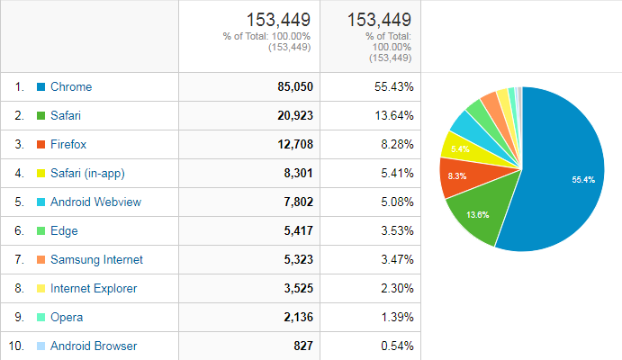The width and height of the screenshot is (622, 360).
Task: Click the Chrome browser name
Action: pos(71,86)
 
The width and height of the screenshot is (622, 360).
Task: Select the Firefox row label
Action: pos(68,144)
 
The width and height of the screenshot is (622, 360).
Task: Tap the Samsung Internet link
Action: pos(96,260)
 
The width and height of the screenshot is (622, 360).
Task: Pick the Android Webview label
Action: pos(95,202)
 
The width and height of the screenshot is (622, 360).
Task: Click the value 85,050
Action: pos(295,86)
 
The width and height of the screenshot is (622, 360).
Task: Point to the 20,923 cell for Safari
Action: pos(295,116)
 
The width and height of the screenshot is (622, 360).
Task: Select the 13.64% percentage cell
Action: pos(394,116)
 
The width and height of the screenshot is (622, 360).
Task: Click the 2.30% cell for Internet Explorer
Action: pos(397,288)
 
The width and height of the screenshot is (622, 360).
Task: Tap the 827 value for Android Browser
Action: pos(303,346)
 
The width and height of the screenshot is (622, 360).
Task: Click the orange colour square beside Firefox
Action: pos(41,144)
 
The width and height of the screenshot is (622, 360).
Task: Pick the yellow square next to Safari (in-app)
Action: pos(41,174)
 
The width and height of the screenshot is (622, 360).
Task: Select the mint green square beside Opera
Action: pos(41,317)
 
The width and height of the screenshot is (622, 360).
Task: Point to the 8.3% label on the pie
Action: pos(457,176)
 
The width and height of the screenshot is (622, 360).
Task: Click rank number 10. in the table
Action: pos(16,346)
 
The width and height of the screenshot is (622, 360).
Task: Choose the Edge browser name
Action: pos(64,231)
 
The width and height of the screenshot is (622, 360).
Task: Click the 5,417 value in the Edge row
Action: pos(298,230)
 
